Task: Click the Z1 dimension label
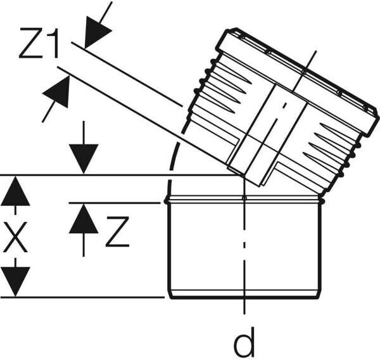(40, 44)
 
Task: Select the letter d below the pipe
(244, 343)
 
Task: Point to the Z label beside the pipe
(118, 231)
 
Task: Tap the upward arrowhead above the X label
(15, 192)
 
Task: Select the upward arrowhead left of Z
(84, 219)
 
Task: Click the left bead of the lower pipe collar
(167, 201)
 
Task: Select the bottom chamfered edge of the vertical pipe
(244, 293)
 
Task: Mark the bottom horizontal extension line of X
(82, 296)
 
